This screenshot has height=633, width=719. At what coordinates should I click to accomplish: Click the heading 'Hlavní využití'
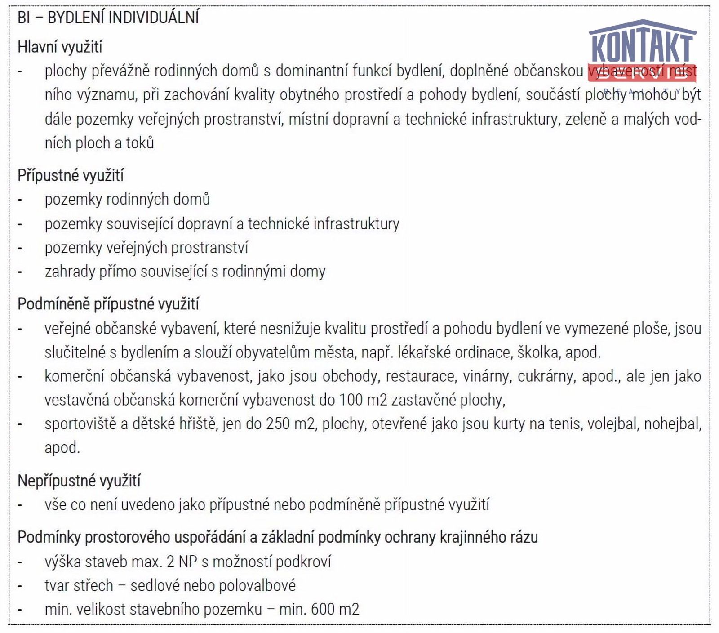tap(60, 47)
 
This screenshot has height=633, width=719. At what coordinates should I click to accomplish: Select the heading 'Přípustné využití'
tap(71, 175)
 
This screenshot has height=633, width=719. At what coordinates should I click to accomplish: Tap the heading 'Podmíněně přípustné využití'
tap(108, 304)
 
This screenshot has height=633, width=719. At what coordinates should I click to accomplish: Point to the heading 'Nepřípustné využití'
tap(79, 481)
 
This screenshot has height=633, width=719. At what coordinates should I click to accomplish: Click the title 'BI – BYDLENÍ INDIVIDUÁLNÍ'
tap(108, 18)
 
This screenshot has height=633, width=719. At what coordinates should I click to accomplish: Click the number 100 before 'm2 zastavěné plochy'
tap(349, 400)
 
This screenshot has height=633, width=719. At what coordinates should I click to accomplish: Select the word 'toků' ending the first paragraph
tap(140, 143)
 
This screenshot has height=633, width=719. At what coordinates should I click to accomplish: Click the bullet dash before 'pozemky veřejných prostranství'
tap(20, 248)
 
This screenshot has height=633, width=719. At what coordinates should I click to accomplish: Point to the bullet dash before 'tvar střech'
tap(20, 586)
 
